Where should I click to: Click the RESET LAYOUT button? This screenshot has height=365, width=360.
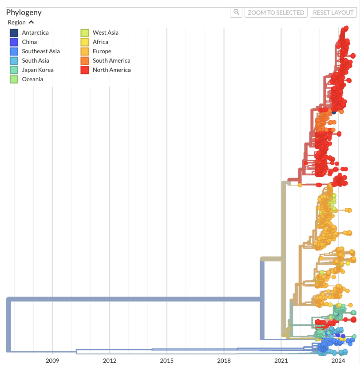pos(333,12)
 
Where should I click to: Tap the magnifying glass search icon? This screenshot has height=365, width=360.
pos(236,12)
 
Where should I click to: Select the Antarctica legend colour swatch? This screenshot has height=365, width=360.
pos(14,33)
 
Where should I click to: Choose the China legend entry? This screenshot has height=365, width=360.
pos(29,42)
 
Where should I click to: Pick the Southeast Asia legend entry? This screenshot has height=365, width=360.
pos(40,52)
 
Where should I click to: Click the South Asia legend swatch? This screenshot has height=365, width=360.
pos(14,61)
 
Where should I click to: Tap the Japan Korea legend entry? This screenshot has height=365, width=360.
pos(37,70)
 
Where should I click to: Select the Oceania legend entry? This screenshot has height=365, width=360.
pos(32,79)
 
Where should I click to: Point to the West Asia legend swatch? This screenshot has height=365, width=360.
pos(84,33)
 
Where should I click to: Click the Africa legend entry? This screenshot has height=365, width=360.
pos(100,42)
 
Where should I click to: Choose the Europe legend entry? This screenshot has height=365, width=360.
pos(102,52)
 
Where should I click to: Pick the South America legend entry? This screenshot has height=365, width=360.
pos(111,61)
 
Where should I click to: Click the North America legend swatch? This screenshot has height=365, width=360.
pos(84,70)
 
